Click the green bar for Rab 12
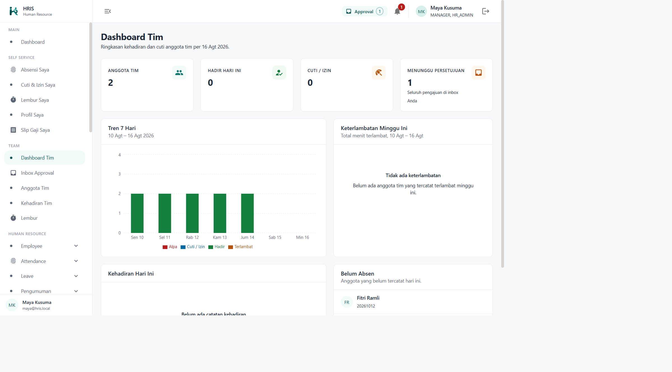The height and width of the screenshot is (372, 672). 192,213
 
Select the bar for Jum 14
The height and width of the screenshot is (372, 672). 248,213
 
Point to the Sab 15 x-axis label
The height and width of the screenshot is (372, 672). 275,237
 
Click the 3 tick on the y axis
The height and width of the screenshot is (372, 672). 120,174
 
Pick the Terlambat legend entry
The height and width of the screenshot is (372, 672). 241,247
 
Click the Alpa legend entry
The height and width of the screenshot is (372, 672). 170,247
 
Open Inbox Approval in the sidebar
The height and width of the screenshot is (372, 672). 38,173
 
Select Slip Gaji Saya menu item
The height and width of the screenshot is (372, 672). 35,130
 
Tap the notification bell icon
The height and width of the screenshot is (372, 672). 397,11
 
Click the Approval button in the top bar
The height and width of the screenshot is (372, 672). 365,11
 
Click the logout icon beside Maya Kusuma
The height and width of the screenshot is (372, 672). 486,11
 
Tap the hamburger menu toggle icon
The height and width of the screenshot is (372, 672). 108,11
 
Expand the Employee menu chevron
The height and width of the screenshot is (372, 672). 76,246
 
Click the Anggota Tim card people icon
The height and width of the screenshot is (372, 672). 179,73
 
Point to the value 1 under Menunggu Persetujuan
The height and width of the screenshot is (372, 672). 410,83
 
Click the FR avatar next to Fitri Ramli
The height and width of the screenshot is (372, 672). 347,302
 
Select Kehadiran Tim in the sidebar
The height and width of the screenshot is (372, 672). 36,203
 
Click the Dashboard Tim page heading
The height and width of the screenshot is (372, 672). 132,37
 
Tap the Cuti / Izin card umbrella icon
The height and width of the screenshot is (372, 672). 379,73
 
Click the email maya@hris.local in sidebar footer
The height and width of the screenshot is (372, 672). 36,308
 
